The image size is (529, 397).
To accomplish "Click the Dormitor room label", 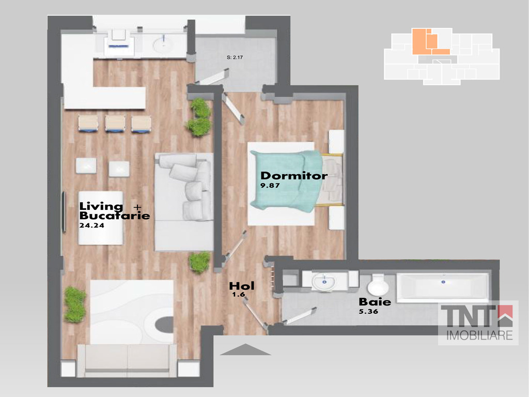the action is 294,176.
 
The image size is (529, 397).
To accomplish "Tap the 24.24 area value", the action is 91,225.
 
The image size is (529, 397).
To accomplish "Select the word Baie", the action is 375,302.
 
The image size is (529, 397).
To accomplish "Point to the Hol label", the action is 242,286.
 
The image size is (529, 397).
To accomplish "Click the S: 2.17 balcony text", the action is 235,57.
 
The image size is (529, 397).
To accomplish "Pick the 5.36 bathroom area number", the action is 368,312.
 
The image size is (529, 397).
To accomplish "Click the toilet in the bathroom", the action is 378,285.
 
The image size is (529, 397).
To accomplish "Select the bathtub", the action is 443,287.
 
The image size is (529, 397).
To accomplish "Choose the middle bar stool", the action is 115,123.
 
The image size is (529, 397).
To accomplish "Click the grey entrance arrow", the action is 245,349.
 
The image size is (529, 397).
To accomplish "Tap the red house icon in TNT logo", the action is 505,315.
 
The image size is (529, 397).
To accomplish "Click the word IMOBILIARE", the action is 479,335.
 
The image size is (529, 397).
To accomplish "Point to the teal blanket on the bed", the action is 286,180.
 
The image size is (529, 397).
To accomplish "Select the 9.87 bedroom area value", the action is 270,186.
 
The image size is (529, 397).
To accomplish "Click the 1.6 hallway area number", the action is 239,294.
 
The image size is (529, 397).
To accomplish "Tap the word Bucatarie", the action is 115,216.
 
